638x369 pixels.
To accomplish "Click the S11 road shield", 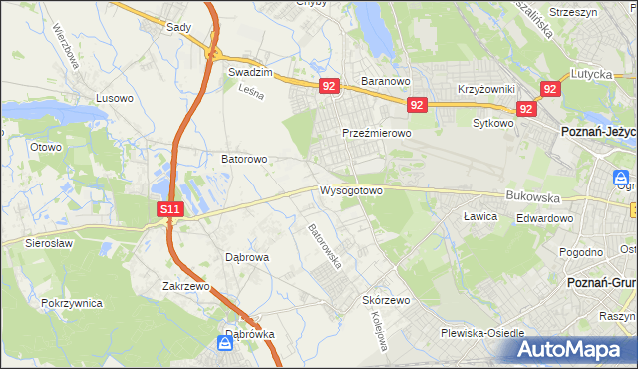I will (170, 209).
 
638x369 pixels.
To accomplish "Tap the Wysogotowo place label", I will (351, 189).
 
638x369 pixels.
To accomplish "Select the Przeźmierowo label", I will (376, 133).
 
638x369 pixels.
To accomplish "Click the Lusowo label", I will (114, 98).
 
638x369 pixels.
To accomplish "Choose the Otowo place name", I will (46, 147).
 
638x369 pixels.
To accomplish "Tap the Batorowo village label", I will (243, 158).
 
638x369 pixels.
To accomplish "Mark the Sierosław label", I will (35, 242).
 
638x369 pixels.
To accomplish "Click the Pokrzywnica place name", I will (73, 301).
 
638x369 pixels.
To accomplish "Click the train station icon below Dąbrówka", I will (226, 344).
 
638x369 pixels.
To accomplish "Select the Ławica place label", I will (480, 215).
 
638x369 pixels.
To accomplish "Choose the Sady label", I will (178, 28).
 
